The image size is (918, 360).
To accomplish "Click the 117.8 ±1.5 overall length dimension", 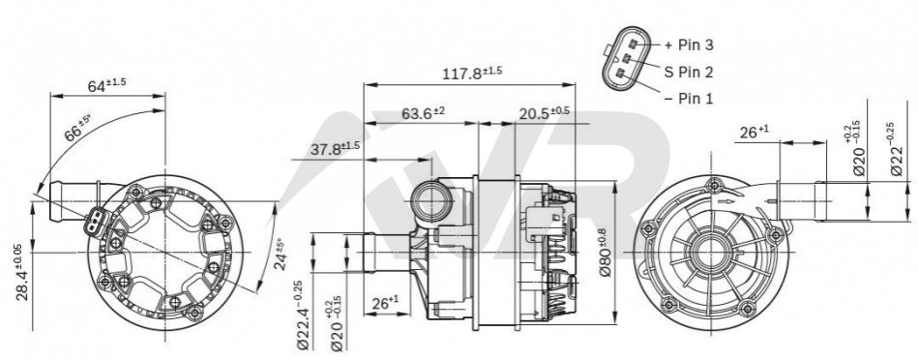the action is [x=472, y=74].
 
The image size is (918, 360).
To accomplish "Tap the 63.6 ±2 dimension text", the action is [x=424, y=113].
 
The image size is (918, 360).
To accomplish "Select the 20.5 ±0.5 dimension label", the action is [x=544, y=113].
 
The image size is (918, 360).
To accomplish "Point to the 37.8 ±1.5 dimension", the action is [x=335, y=149].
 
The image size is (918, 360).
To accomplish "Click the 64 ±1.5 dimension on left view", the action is [x=107, y=85].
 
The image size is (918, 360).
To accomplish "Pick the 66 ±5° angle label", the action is [x=77, y=130].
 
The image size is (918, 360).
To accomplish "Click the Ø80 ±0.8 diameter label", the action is [x=603, y=253].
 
